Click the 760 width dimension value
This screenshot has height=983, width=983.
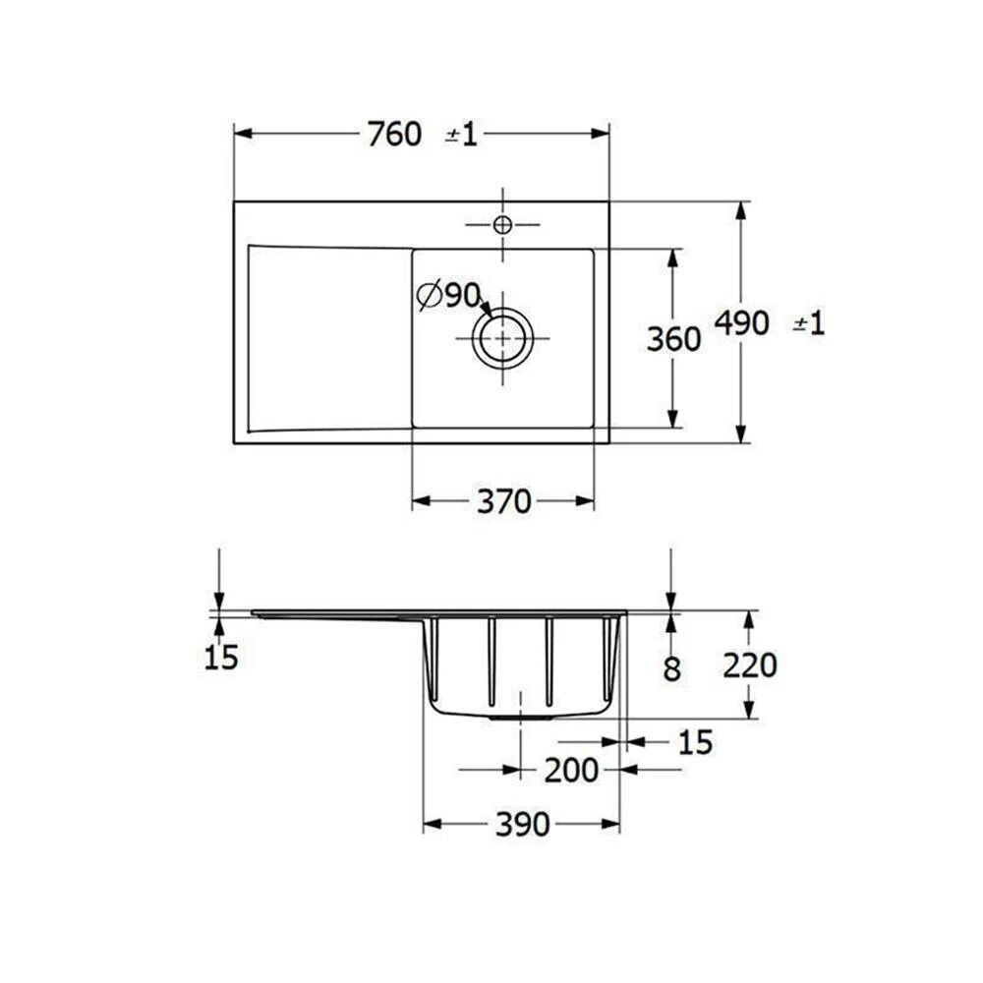pyautogui.click(x=394, y=134)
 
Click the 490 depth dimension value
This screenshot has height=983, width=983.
pyautogui.click(x=741, y=322)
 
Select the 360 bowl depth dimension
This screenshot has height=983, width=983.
pyautogui.click(x=673, y=339)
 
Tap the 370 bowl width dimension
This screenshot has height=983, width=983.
pyautogui.click(x=504, y=502)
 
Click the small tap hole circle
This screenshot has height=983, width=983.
pyautogui.click(x=502, y=225)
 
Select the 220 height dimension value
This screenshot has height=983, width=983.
pyautogui.click(x=749, y=665)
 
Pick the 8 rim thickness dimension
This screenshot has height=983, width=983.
pyautogui.click(x=671, y=668)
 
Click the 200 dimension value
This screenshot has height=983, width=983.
pyautogui.click(x=571, y=771)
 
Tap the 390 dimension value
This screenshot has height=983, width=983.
pyautogui.click(x=522, y=825)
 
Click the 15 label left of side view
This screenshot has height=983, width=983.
pyautogui.click(x=221, y=658)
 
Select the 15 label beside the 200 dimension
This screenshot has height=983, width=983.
pyautogui.click(x=695, y=743)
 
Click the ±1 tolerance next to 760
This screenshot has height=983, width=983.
pyautogui.click(x=461, y=135)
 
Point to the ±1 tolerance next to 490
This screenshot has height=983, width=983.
pyautogui.click(x=809, y=322)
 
